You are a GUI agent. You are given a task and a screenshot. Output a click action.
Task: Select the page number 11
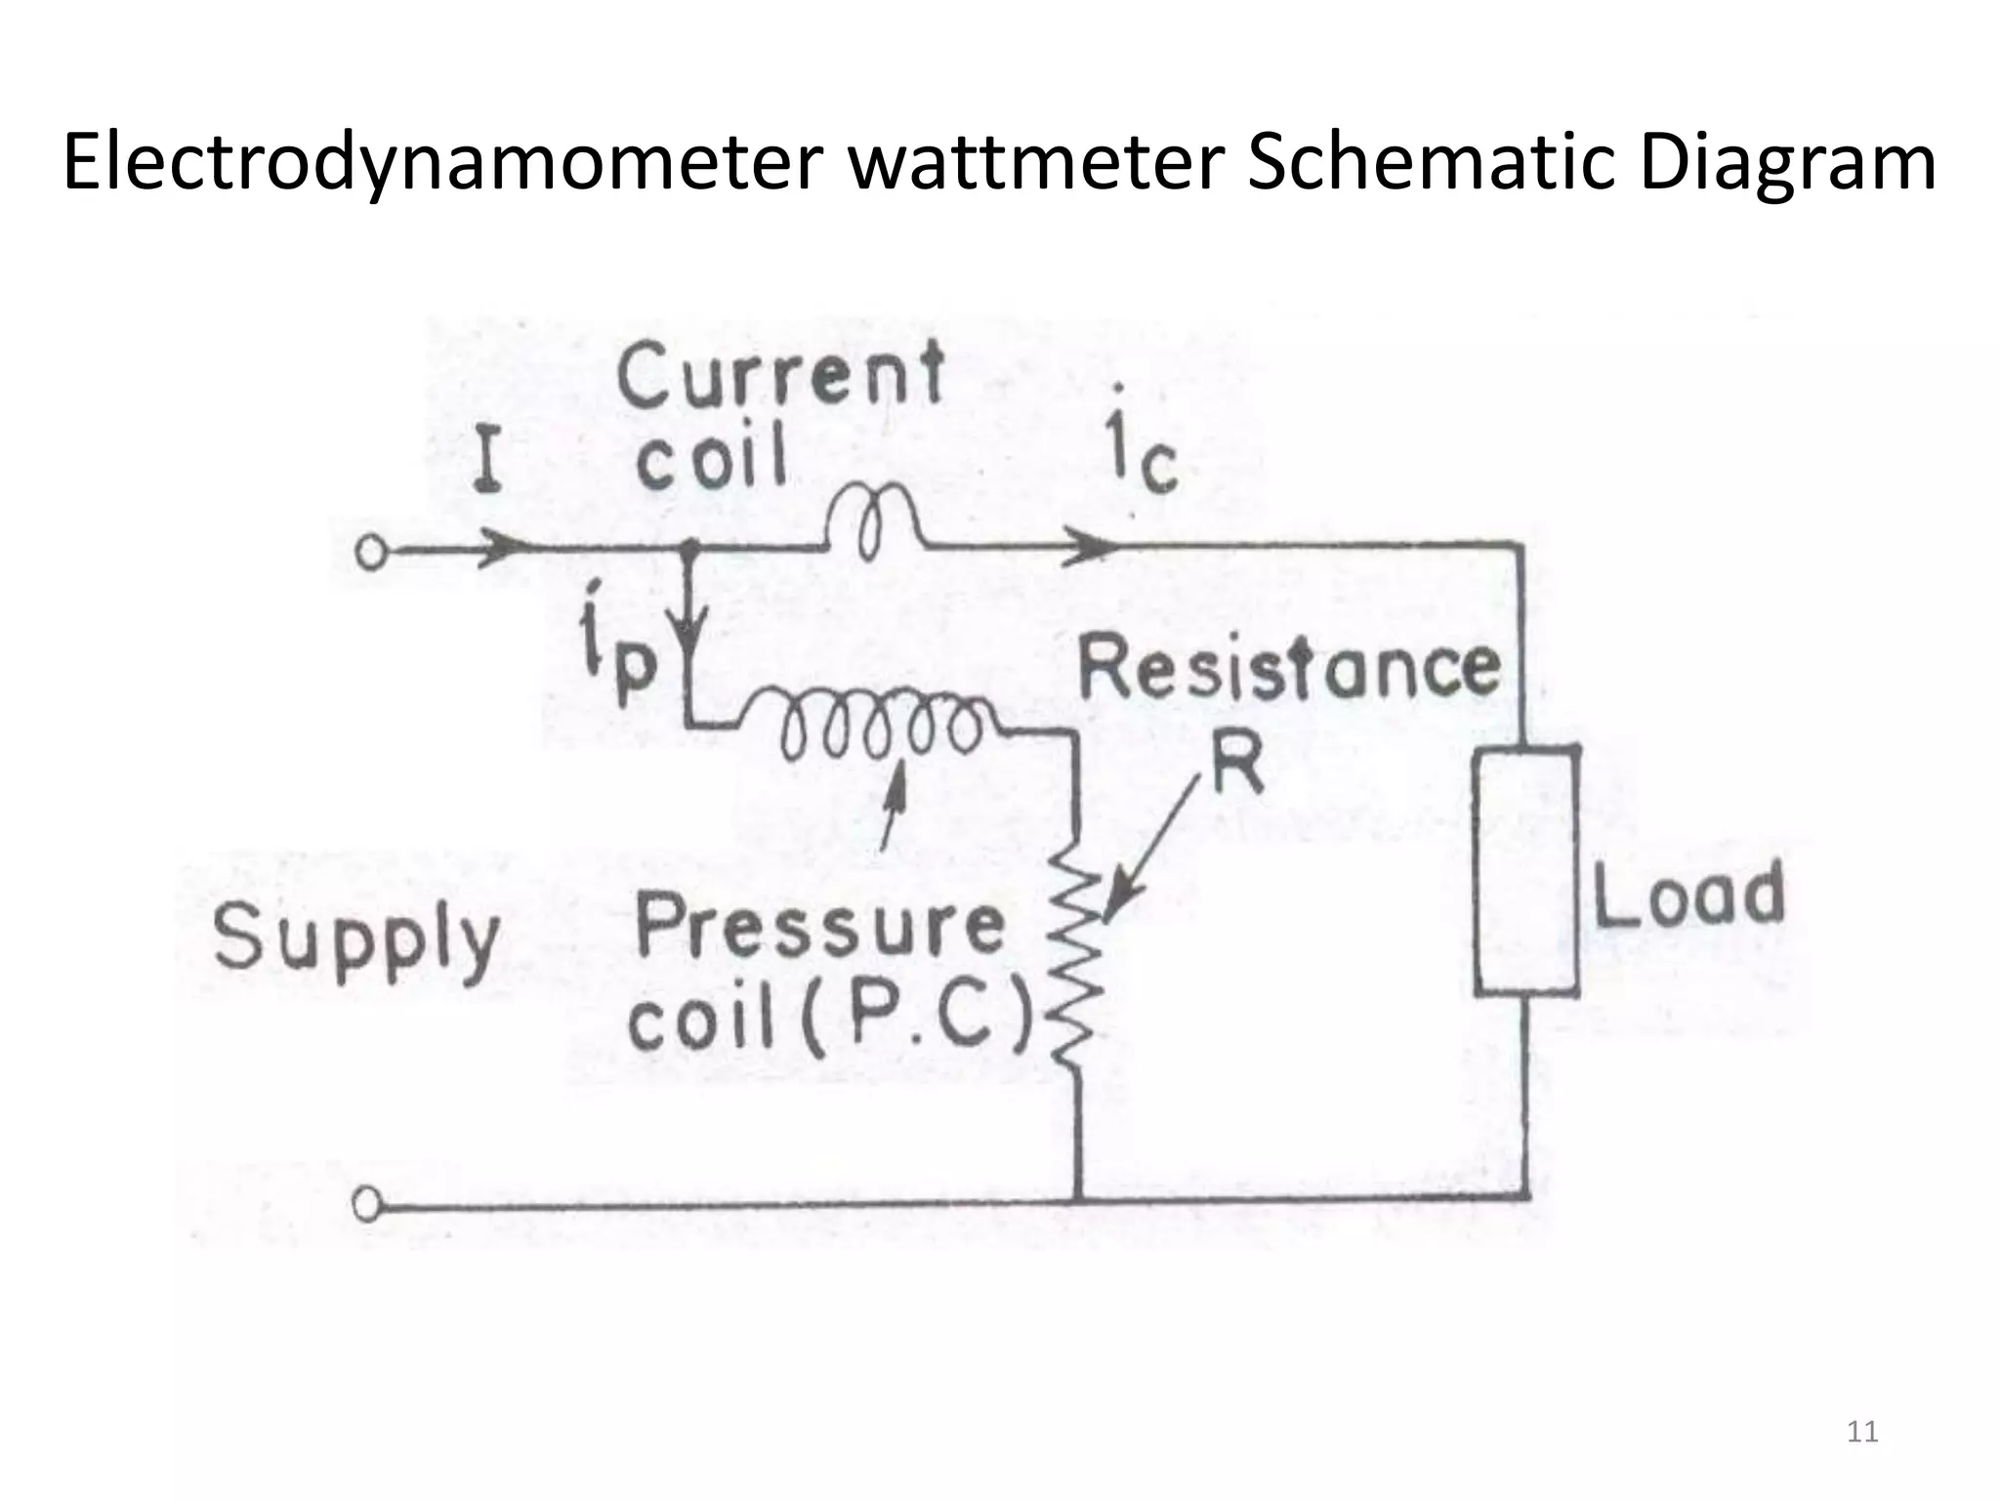click(x=1863, y=1432)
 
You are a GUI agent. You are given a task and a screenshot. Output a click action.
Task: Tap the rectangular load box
click(x=1526, y=871)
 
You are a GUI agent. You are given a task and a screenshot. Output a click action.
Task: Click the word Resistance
click(x=1288, y=670)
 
